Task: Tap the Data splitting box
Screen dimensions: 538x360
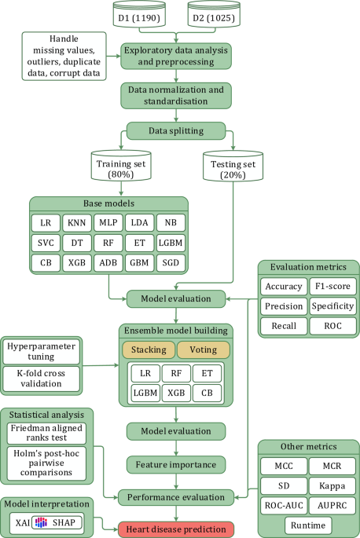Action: click(x=176, y=130)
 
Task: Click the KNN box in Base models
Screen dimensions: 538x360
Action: click(x=75, y=222)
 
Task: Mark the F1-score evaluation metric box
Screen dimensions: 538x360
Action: click(x=332, y=286)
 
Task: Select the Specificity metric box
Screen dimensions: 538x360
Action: click(x=332, y=306)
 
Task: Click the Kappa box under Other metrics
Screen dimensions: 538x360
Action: click(x=332, y=486)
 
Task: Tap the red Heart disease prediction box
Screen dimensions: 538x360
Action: click(x=176, y=529)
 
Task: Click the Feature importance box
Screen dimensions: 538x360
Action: click(x=176, y=464)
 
